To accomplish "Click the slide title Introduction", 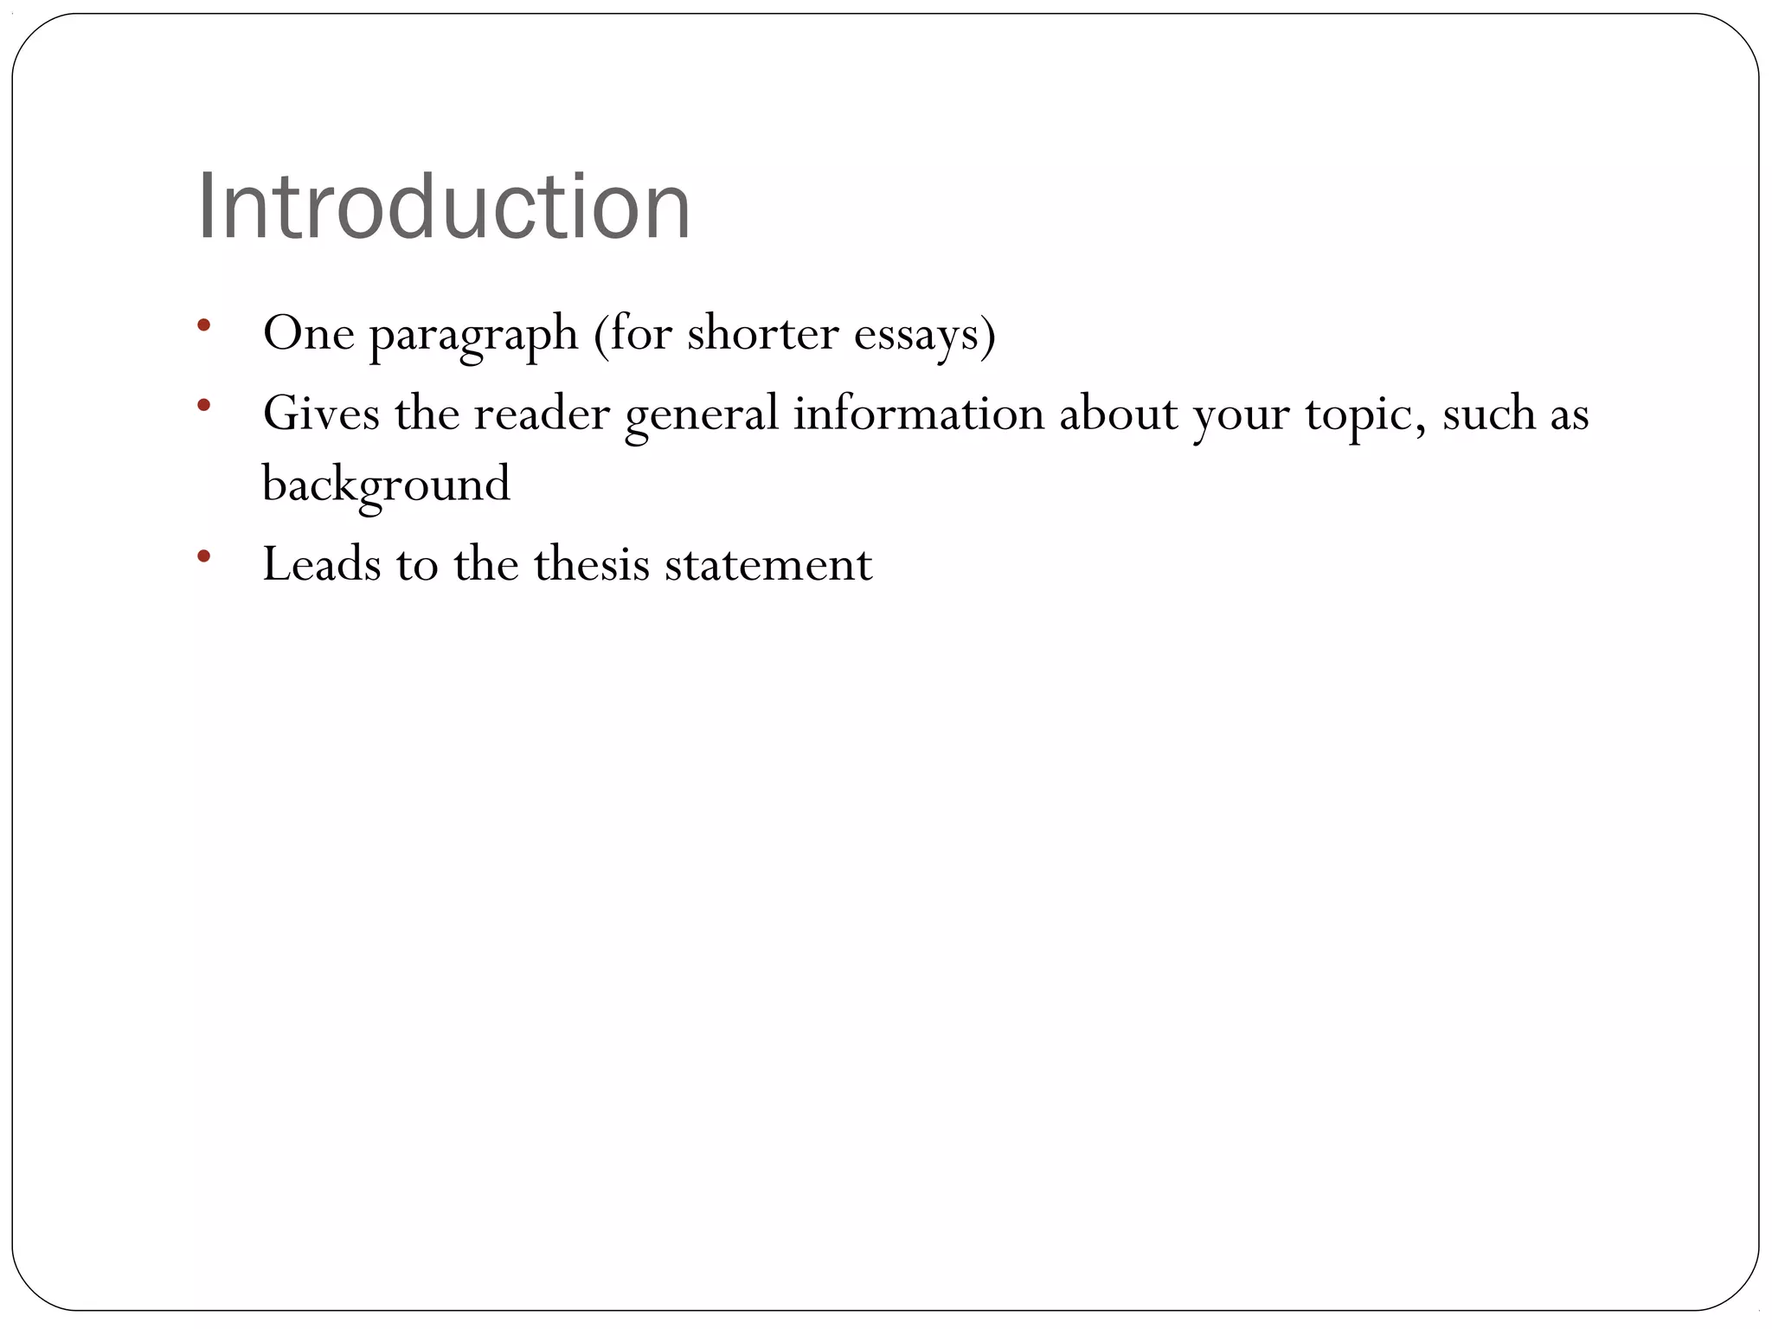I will click(x=444, y=207).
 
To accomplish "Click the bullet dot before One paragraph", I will click(x=203, y=325).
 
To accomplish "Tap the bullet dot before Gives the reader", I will click(x=203, y=405).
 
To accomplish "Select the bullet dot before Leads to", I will click(x=203, y=555).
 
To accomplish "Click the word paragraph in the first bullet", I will click(x=473, y=335).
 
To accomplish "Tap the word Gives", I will click(x=321, y=413).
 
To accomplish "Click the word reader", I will click(x=542, y=413).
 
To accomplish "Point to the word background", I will click(x=386, y=485).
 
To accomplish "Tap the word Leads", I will click(x=321, y=564).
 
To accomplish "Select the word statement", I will click(x=768, y=564).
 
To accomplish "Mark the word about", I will click(x=1118, y=413).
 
